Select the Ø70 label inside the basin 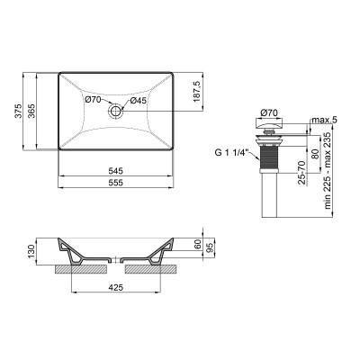click(x=94, y=100)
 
